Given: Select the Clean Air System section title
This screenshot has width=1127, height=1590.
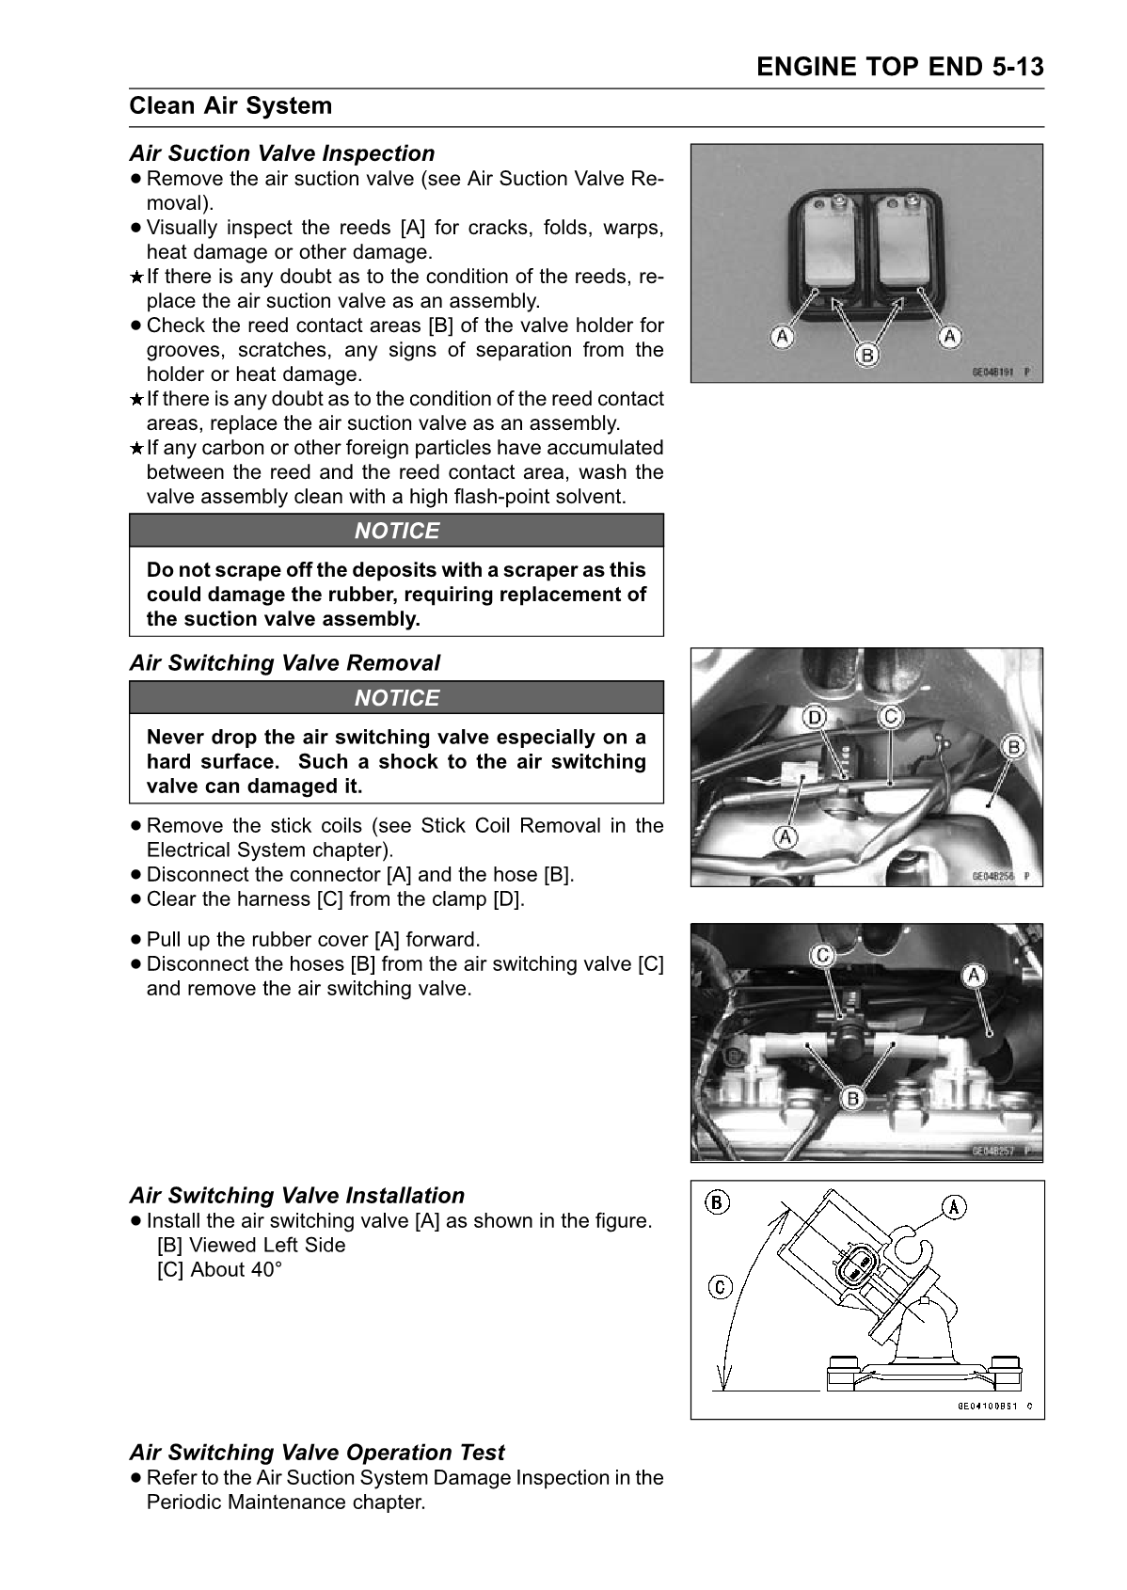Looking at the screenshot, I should [230, 105].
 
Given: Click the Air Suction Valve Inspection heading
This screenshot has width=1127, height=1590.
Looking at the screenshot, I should [282, 153].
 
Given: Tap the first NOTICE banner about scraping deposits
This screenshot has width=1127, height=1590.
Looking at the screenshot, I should [396, 531].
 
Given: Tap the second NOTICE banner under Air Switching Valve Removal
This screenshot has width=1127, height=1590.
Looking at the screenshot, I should [396, 698].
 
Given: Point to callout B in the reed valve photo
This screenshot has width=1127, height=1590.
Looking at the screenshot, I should [865, 355].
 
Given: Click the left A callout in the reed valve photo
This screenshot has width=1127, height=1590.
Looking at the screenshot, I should [781, 336].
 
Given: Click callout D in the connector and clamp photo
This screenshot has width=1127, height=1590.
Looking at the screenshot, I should [814, 718].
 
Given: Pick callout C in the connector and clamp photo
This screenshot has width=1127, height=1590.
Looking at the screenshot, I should [889, 717].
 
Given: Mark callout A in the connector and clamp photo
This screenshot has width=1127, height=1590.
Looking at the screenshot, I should [785, 835].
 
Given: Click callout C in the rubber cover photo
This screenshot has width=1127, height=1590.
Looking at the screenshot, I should [822, 956].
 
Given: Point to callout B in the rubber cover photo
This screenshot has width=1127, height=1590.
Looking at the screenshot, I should [852, 1099].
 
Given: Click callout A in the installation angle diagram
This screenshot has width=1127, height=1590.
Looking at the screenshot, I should [954, 1207].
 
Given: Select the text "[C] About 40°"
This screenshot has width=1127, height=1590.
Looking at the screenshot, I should [219, 1270].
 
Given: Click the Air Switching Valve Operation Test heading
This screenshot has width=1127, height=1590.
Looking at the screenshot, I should [317, 1453].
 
